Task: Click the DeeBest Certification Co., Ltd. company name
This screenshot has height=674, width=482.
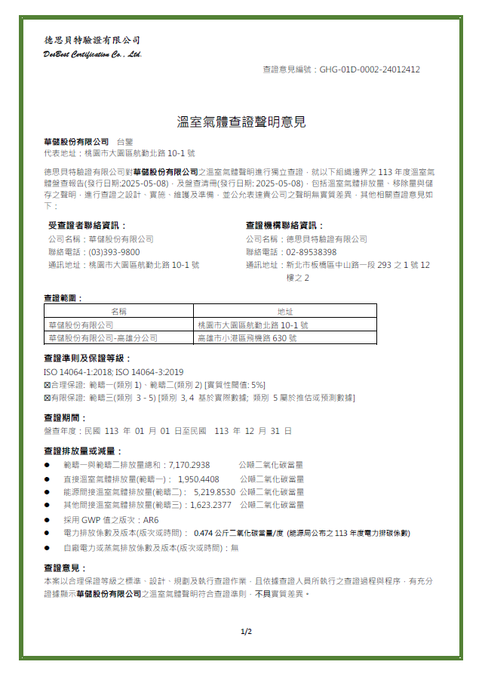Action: (x=93, y=54)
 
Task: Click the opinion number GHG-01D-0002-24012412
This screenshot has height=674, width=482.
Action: (x=370, y=69)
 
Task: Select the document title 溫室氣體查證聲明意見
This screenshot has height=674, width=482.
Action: (x=241, y=122)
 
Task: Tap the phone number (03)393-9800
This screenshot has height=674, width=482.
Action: (x=114, y=252)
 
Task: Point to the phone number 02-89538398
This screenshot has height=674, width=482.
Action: (x=311, y=252)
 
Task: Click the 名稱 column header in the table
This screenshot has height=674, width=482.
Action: (x=118, y=311)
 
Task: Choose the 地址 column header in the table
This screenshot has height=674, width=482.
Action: (x=284, y=311)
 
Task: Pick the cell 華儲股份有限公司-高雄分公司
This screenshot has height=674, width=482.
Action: (x=103, y=338)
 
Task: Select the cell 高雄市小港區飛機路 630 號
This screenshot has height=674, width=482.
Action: (x=247, y=338)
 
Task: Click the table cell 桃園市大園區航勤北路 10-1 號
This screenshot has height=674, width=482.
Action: (x=253, y=325)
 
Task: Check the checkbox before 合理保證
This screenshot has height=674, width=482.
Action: (x=47, y=385)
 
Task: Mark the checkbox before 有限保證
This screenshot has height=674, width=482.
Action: (x=47, y=397)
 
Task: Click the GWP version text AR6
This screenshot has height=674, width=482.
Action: (x=150, y=520)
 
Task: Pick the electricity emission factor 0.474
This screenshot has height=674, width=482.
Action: (x=204, y=533)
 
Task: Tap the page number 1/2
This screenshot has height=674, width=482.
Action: (x=246, y=631)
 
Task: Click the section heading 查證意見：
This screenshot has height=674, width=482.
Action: (x=66, y=568)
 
